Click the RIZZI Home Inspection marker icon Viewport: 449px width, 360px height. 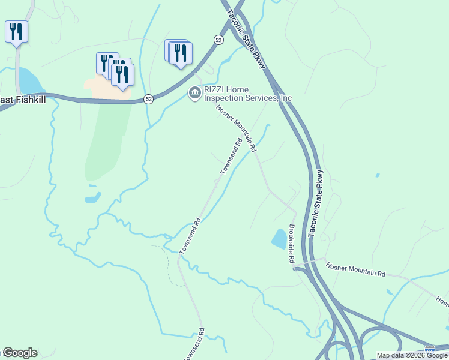194,93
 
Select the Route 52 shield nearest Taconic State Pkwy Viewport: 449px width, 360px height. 218,39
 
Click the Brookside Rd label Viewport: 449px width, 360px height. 292,244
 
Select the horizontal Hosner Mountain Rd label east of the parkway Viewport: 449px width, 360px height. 355,269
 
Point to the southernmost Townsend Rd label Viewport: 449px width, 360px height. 197,343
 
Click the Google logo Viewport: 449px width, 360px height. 20,353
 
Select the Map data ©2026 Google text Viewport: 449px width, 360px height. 411,355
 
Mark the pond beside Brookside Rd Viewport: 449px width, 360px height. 279,239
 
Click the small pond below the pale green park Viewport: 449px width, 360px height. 93,197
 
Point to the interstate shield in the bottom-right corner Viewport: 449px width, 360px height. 430,349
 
